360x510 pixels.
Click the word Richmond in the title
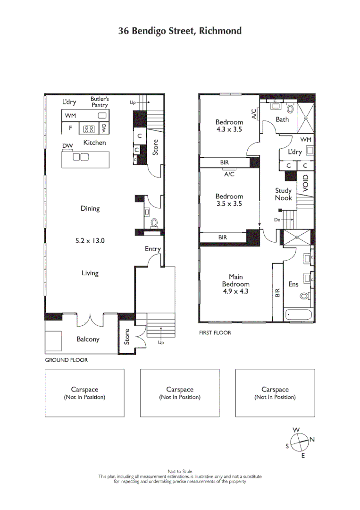click(220, 31)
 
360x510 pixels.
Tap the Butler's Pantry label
click(100, 102)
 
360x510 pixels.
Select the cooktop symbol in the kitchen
click(88, 128)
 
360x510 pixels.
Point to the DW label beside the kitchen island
click(67, 146)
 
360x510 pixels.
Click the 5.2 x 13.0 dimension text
click(90, 240)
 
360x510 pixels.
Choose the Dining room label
click(90, 208)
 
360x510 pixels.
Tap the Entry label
click(152, 249)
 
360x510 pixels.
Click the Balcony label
click(88, 339)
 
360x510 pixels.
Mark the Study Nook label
click(284, 194)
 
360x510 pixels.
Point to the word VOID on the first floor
click(305, 183)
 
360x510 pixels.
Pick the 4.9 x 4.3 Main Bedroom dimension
click(236, 291)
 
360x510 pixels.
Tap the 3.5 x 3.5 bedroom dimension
click(229, 204)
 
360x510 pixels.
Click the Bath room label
click(282, 119)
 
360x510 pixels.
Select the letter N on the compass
click(312, 439)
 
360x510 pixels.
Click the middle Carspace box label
click(180, 390)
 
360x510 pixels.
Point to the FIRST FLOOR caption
click(215, 333)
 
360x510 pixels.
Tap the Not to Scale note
click(180, 471)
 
